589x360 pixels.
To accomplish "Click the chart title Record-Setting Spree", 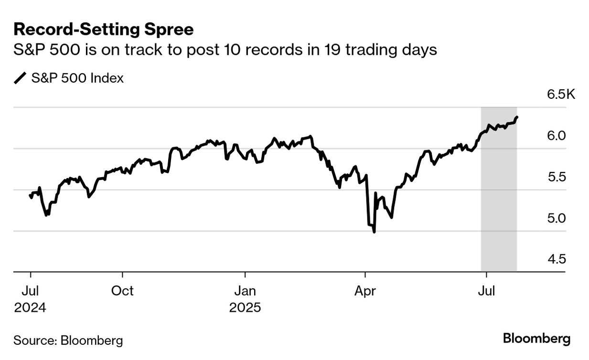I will click(x=103, y=30).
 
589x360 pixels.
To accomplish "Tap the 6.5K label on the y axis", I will click(x=561, y=94).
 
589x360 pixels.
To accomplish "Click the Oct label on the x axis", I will click(x=123, y=291).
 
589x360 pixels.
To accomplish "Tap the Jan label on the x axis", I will click(x=245, y=291).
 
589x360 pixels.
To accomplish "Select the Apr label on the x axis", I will click(x=365, y=291).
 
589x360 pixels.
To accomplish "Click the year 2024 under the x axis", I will click(x=30, y=307).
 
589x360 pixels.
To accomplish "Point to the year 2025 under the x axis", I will click(x=245, y=307).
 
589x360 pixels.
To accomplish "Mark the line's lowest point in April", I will click(x=374, y=232).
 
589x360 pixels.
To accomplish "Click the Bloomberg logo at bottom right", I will click(x=536, y=339).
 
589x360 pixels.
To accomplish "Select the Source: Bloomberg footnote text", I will click(x=68, y=340).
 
